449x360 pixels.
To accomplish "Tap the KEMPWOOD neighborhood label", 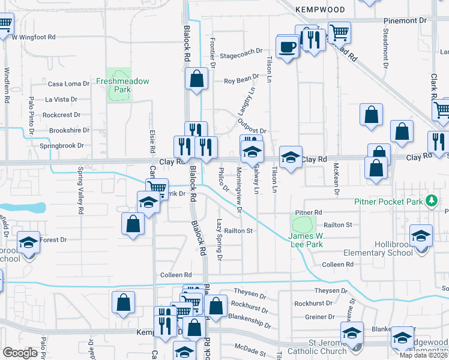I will [x=321, y=10].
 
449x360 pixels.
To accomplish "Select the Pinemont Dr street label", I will [x=405, y=20].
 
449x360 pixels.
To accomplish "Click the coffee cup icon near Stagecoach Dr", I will [x=288, y=47].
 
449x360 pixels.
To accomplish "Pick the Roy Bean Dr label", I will [x=241, y=80].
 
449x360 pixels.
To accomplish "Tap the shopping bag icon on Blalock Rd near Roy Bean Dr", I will [x=196, y=79].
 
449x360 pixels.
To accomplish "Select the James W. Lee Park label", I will [x=302, y=240].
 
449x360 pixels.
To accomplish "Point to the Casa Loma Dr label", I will [x=68, y=84].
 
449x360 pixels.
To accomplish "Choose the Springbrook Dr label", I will [x=64, y=146].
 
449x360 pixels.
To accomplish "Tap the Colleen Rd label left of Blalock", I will [x=175, y=275].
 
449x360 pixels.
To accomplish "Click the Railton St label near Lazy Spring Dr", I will [x=239, y=230].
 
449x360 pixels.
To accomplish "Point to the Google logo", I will [x=20, y=353].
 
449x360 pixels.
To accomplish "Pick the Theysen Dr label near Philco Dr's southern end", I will [x=250, y=295].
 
